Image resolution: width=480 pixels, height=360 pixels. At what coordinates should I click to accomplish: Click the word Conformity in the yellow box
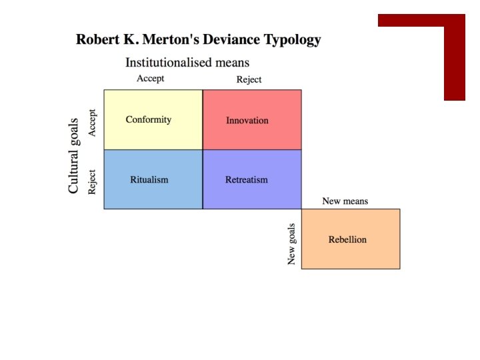tap(149, 120)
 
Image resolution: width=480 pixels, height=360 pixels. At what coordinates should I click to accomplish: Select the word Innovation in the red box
tap(247, 121)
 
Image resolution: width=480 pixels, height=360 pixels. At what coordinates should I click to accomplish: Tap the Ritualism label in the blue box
tap(149, 179)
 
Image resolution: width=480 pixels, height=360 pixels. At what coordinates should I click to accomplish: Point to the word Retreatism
tap(247, 179)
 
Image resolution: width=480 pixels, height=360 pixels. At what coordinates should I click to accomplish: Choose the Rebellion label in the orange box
tap(347, 239)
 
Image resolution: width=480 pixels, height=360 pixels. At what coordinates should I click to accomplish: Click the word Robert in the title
tap(98, 39)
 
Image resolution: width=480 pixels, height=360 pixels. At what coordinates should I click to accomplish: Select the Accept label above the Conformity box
tap(150, 79)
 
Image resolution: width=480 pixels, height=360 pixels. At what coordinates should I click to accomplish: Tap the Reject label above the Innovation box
tap(249, 79)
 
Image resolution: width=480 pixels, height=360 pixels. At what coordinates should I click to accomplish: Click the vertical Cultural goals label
tap(74, 155)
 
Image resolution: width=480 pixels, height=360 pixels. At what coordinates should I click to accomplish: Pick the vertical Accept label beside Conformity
tap(92, 123)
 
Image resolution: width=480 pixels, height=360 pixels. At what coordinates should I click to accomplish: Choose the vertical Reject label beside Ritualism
tap(92, 181)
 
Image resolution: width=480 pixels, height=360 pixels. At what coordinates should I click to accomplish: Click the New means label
tap(345, 201)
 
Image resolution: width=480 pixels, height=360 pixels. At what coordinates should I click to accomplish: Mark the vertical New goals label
tap(292, 243)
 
